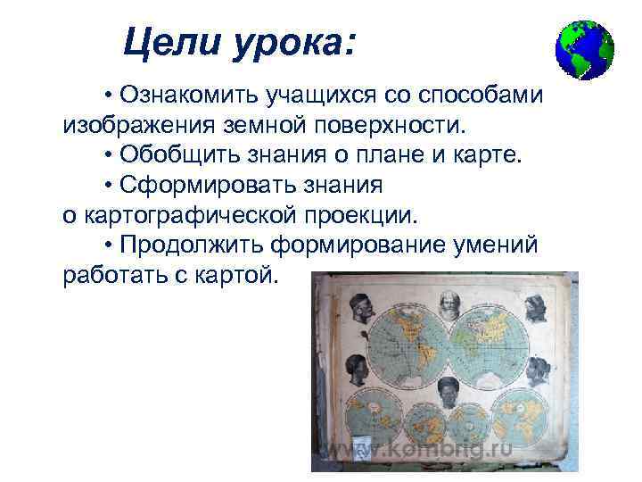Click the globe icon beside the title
(x=584, y=50)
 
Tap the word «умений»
(x=500, y=245)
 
